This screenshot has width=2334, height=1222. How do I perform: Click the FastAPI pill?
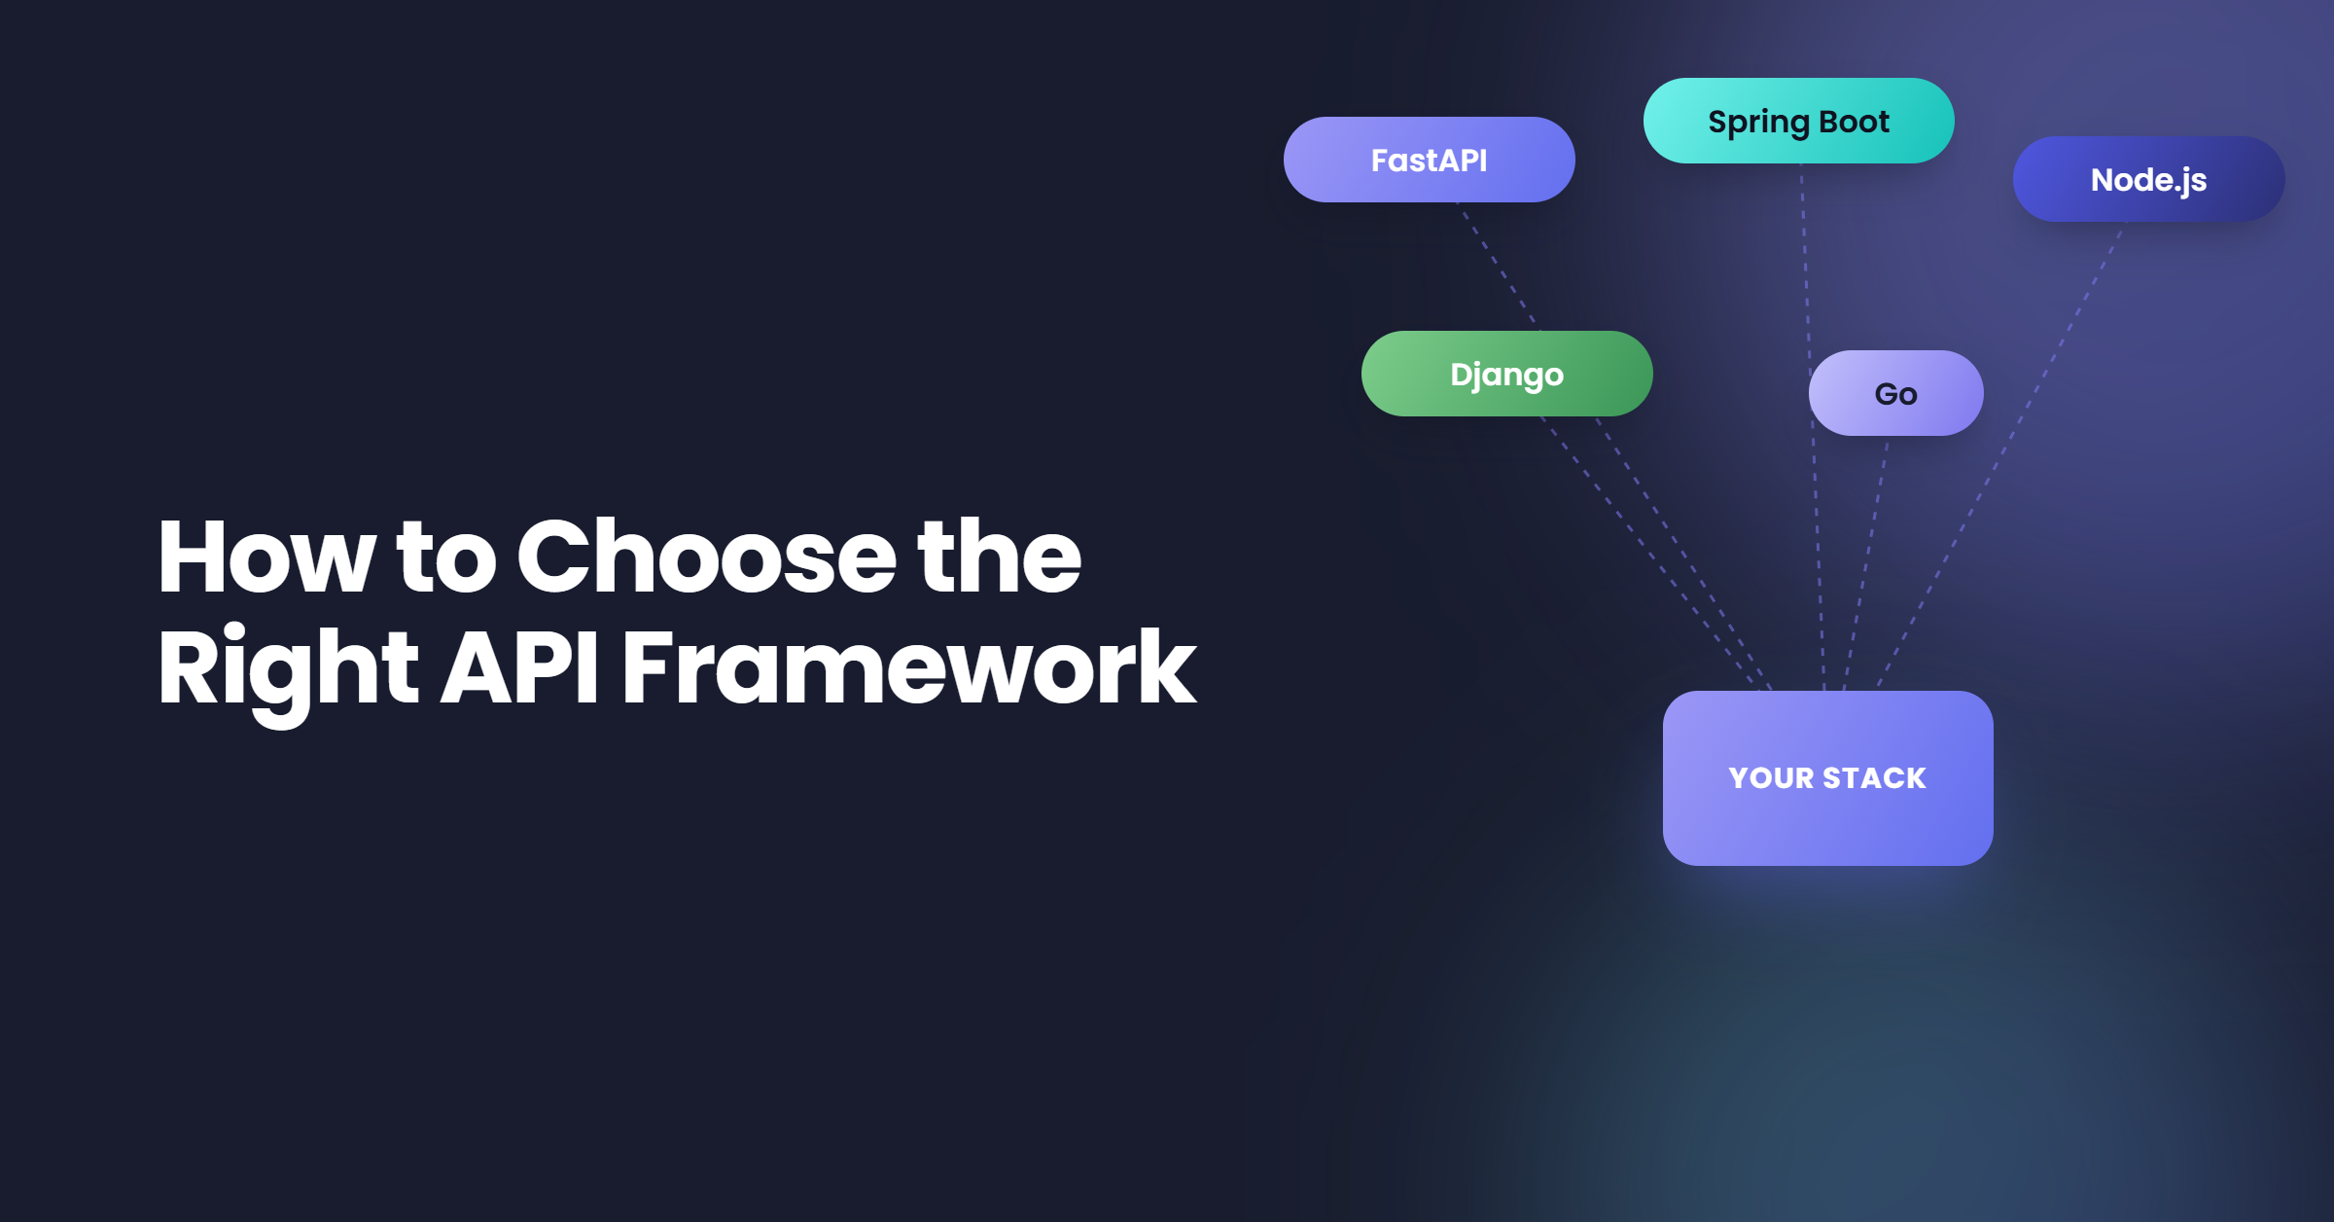(x=1429, y=160)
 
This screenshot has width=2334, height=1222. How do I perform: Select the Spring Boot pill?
(x=1798, y=121)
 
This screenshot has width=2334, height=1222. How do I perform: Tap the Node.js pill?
(x=2148, y=179)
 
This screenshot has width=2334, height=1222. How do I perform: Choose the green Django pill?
(x=1506, y=374)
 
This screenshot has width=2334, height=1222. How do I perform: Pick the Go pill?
(x=1895, y=393)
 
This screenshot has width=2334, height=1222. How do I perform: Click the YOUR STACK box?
(x=1827, y=778)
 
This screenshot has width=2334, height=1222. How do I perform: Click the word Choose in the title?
(x=706, y=557)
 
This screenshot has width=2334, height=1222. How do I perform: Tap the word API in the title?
(x=520, y=667)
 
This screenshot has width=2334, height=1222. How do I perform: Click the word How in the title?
(x=265, y=557)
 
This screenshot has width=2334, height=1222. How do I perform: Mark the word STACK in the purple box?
(x=1874, y=778)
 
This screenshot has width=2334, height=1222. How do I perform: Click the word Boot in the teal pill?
(x=1854, y=122)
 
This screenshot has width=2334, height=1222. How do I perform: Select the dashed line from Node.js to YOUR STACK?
(x=2001, y=456)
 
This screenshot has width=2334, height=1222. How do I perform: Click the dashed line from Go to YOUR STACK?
(x=1866, y=563)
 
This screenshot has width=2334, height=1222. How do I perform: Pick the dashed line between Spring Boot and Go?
(x=1806, y=257)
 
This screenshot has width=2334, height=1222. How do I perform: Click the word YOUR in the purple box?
(x=1771, y=778)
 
